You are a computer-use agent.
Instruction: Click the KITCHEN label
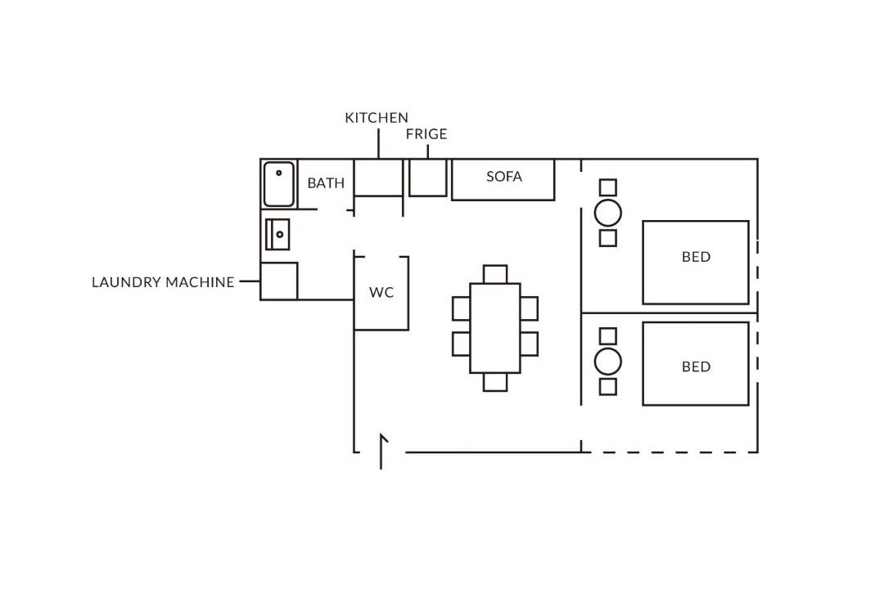tap(377, 118)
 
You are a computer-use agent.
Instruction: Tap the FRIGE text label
tap(426, 134)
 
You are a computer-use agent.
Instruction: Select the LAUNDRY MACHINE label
tap(163, 281)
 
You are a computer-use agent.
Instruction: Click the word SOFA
tap(504, 177)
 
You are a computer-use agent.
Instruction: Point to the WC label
tap(381, 292)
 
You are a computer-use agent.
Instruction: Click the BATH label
tap(326, 183)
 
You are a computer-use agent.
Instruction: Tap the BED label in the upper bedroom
tap(697, 257)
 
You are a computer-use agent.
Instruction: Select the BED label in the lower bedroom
tap(697, 367)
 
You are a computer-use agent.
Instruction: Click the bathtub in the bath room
tap(279, 184)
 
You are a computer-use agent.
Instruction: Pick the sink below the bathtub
tap(278, 235)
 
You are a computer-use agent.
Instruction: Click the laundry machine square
tap(279, 281)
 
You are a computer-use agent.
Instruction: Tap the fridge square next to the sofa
tap(428, 178)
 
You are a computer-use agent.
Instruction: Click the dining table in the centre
tap(495, 328)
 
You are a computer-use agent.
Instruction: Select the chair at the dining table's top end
tap(495, 275)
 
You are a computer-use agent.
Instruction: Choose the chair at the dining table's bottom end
tap(495, 382)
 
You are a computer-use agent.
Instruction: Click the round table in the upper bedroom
tap(607, 213)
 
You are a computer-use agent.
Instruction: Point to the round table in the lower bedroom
tap(607, 362)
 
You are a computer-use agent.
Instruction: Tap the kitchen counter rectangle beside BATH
tap(378, 178)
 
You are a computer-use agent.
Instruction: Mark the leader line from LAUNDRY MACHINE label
tap(250, 281)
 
